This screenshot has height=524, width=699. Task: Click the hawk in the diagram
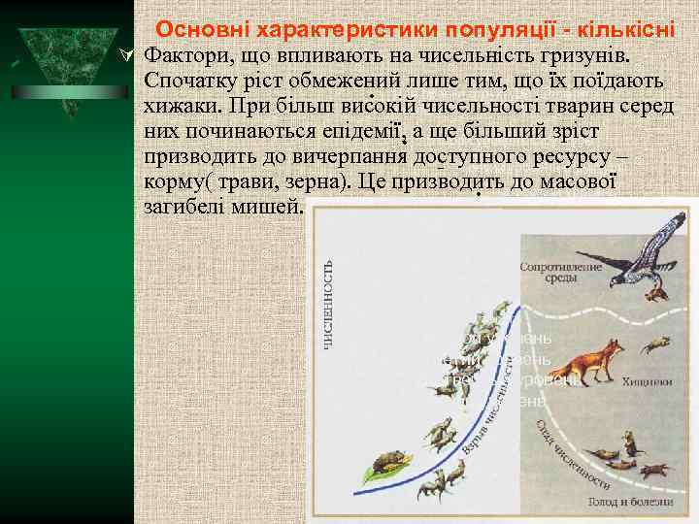point(645,247)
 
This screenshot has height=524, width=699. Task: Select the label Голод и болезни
point(628,501)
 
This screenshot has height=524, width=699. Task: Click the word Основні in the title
point(198,30)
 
